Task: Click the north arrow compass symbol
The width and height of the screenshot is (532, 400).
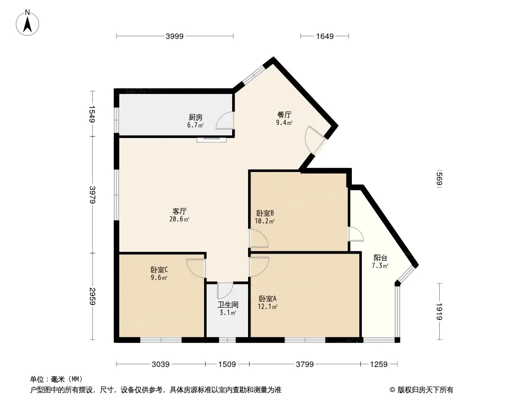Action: coord(27,23)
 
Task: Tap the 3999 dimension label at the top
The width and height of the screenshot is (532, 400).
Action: coord(174,36)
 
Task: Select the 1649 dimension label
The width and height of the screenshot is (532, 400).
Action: coord(325,36)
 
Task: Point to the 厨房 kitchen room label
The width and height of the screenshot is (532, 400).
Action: coord(196,117)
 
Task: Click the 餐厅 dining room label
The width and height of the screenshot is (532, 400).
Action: coord(284,115)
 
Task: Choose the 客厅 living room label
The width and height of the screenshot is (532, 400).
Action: coord(180,211)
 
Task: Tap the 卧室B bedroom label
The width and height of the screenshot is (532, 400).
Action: coord(265,213)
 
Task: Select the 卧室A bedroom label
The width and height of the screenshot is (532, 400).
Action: coord(267,298)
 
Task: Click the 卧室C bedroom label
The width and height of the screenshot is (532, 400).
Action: coord(159,270)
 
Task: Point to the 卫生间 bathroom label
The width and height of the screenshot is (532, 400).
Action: coord(228,305)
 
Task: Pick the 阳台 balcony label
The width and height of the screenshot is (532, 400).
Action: coord(380,258)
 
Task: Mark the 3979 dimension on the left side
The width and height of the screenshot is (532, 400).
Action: coord(92,194)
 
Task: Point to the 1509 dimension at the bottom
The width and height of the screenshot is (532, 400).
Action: coord(227,364)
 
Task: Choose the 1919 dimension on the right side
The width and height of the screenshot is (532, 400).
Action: coord(439,311)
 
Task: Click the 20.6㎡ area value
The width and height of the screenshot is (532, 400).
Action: coord(179,219)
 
